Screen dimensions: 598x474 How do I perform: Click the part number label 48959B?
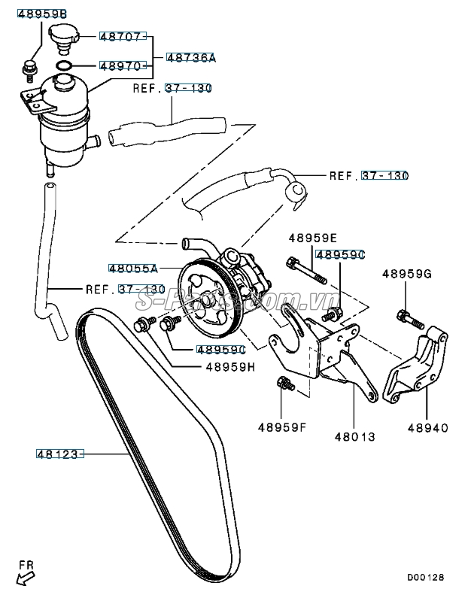[42, 14]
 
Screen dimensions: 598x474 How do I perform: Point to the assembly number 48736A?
[190, 57]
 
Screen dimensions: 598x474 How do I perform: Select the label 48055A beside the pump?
[132, 268]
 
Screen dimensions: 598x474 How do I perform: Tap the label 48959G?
[406, 274]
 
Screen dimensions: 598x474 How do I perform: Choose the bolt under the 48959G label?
[404, 317]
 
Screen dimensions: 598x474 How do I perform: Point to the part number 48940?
[428, 428]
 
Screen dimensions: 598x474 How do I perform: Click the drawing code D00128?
[426, 578]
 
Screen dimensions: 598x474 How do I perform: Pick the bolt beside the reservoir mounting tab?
[29, 68]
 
